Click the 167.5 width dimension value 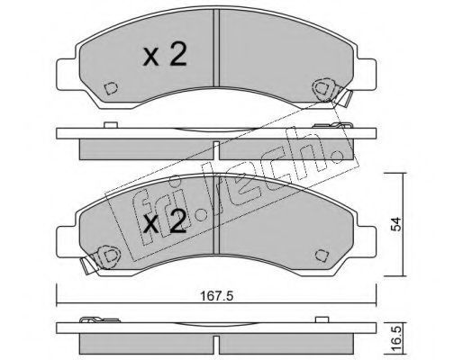216,296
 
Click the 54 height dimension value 397,224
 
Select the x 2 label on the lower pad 165,221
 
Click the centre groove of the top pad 216,48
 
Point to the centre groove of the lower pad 216,215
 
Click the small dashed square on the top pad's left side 111,88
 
